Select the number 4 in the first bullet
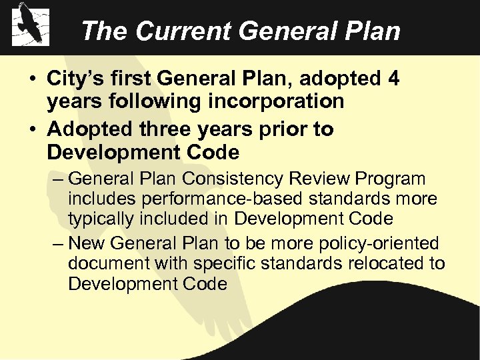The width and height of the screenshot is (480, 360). tap(393, 79)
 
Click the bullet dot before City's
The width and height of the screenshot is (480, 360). tap(32, 79)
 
